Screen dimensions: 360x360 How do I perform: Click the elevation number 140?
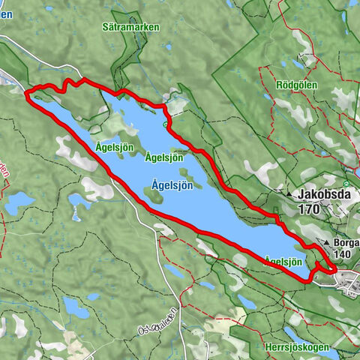[344, 255]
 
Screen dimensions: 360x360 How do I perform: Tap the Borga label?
[346, 244]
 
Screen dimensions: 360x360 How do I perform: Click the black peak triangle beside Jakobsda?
[289, 193]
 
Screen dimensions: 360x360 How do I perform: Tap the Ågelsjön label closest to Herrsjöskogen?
[283, 261]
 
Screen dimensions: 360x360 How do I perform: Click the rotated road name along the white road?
[157, 322]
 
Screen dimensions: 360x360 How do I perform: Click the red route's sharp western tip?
[27, 94]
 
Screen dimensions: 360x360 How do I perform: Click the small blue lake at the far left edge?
[17, 202]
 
